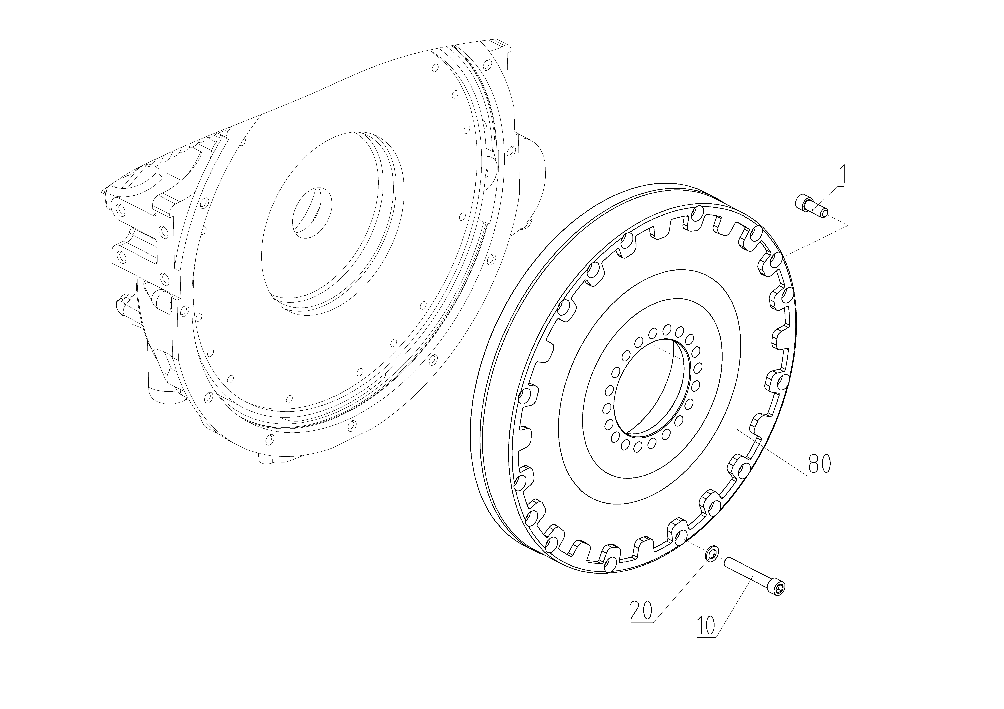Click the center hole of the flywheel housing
(312, 212)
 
